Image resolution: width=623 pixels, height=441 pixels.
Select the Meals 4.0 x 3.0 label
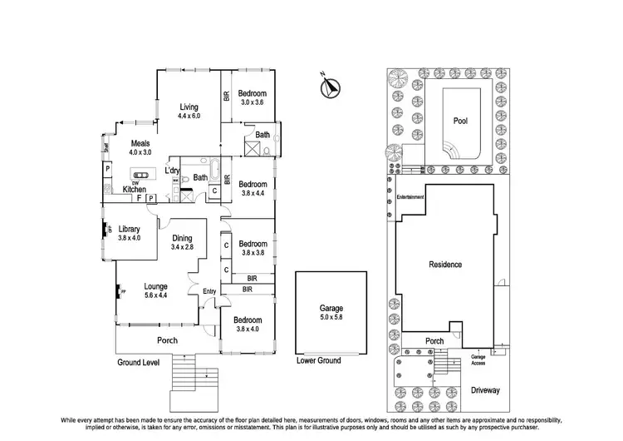139,148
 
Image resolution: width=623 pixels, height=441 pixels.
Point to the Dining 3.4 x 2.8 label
182,242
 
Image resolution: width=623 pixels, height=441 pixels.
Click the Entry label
208,290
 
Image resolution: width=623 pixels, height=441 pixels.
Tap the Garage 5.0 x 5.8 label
330,313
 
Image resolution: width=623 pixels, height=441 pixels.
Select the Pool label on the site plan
459,121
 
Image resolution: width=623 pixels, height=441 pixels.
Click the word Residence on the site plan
445,265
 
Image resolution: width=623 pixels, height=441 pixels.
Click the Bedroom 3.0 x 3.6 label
252,97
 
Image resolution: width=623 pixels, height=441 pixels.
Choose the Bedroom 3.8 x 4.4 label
252,188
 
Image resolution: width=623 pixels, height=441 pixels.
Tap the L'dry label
172,171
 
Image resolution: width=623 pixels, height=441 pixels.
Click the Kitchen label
135,190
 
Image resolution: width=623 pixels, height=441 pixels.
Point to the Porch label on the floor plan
168,339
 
